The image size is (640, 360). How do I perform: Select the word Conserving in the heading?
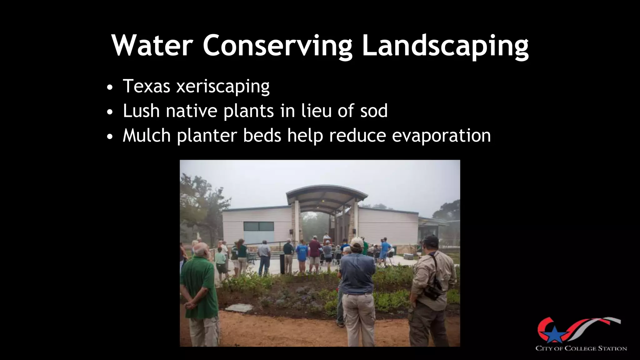[x=278, y=46]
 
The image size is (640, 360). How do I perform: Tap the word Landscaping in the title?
[x=445, y=46]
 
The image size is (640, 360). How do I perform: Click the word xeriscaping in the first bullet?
[x=223, y=86]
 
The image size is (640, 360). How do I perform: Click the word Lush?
[x=141, y=111]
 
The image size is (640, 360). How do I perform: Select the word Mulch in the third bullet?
[x=147, y=135]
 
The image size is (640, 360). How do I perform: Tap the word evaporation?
[x=441, y=136]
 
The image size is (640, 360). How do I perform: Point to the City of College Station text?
[x=581, y=348]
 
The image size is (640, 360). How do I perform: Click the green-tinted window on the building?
[x=258, y=226]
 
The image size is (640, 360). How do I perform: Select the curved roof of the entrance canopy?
[x=327, y=191]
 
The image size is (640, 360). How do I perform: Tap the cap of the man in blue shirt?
[x=356, y=242]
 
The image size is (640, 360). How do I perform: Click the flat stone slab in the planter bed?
[x=239, y=308]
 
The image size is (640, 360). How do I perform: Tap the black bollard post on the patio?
[x=282, y=263]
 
